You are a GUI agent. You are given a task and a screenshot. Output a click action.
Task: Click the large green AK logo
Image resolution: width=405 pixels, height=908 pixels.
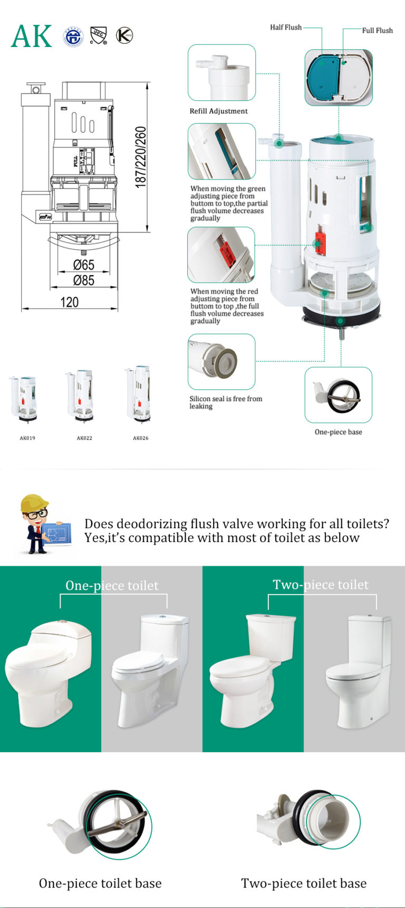click(x=32, y=36)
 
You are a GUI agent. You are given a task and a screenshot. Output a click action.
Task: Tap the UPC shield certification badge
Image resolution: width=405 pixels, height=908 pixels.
click(x=98, y=36)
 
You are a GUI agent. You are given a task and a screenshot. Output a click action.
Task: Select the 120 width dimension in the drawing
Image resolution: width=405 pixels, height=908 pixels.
click(x=69, y=302)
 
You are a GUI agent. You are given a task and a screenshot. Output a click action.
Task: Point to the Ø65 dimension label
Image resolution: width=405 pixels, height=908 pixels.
click(x=83, y=264)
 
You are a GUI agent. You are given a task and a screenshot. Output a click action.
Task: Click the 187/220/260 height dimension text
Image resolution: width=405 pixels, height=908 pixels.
click(x=140, y=157)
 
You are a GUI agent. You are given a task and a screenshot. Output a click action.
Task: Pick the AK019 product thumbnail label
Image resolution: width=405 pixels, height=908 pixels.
click(x=27, y=438)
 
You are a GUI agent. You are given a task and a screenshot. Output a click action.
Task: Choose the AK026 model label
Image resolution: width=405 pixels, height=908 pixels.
click(x=140, y=438)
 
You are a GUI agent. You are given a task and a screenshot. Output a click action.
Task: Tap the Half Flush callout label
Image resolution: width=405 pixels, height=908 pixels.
click(x=286, y=27)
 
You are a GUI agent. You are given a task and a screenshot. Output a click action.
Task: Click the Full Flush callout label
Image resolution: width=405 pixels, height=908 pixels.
click(x=377, y=31)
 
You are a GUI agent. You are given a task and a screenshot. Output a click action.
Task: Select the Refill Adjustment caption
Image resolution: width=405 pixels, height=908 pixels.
click(x=218, y=111)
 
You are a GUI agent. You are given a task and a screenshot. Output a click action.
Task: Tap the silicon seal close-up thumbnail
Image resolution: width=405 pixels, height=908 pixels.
click(x=221, y=362)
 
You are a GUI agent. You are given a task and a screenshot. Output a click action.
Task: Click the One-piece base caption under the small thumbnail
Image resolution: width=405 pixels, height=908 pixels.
click(x=338, y=432)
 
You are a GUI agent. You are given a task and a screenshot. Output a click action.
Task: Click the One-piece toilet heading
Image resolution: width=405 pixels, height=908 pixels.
click(x=112, y=585)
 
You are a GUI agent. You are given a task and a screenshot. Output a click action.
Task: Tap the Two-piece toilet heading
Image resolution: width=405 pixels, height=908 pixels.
click(x=321, y=585)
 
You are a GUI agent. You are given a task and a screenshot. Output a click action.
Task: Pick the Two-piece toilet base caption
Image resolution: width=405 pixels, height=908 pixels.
click(x=304, y=883)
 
